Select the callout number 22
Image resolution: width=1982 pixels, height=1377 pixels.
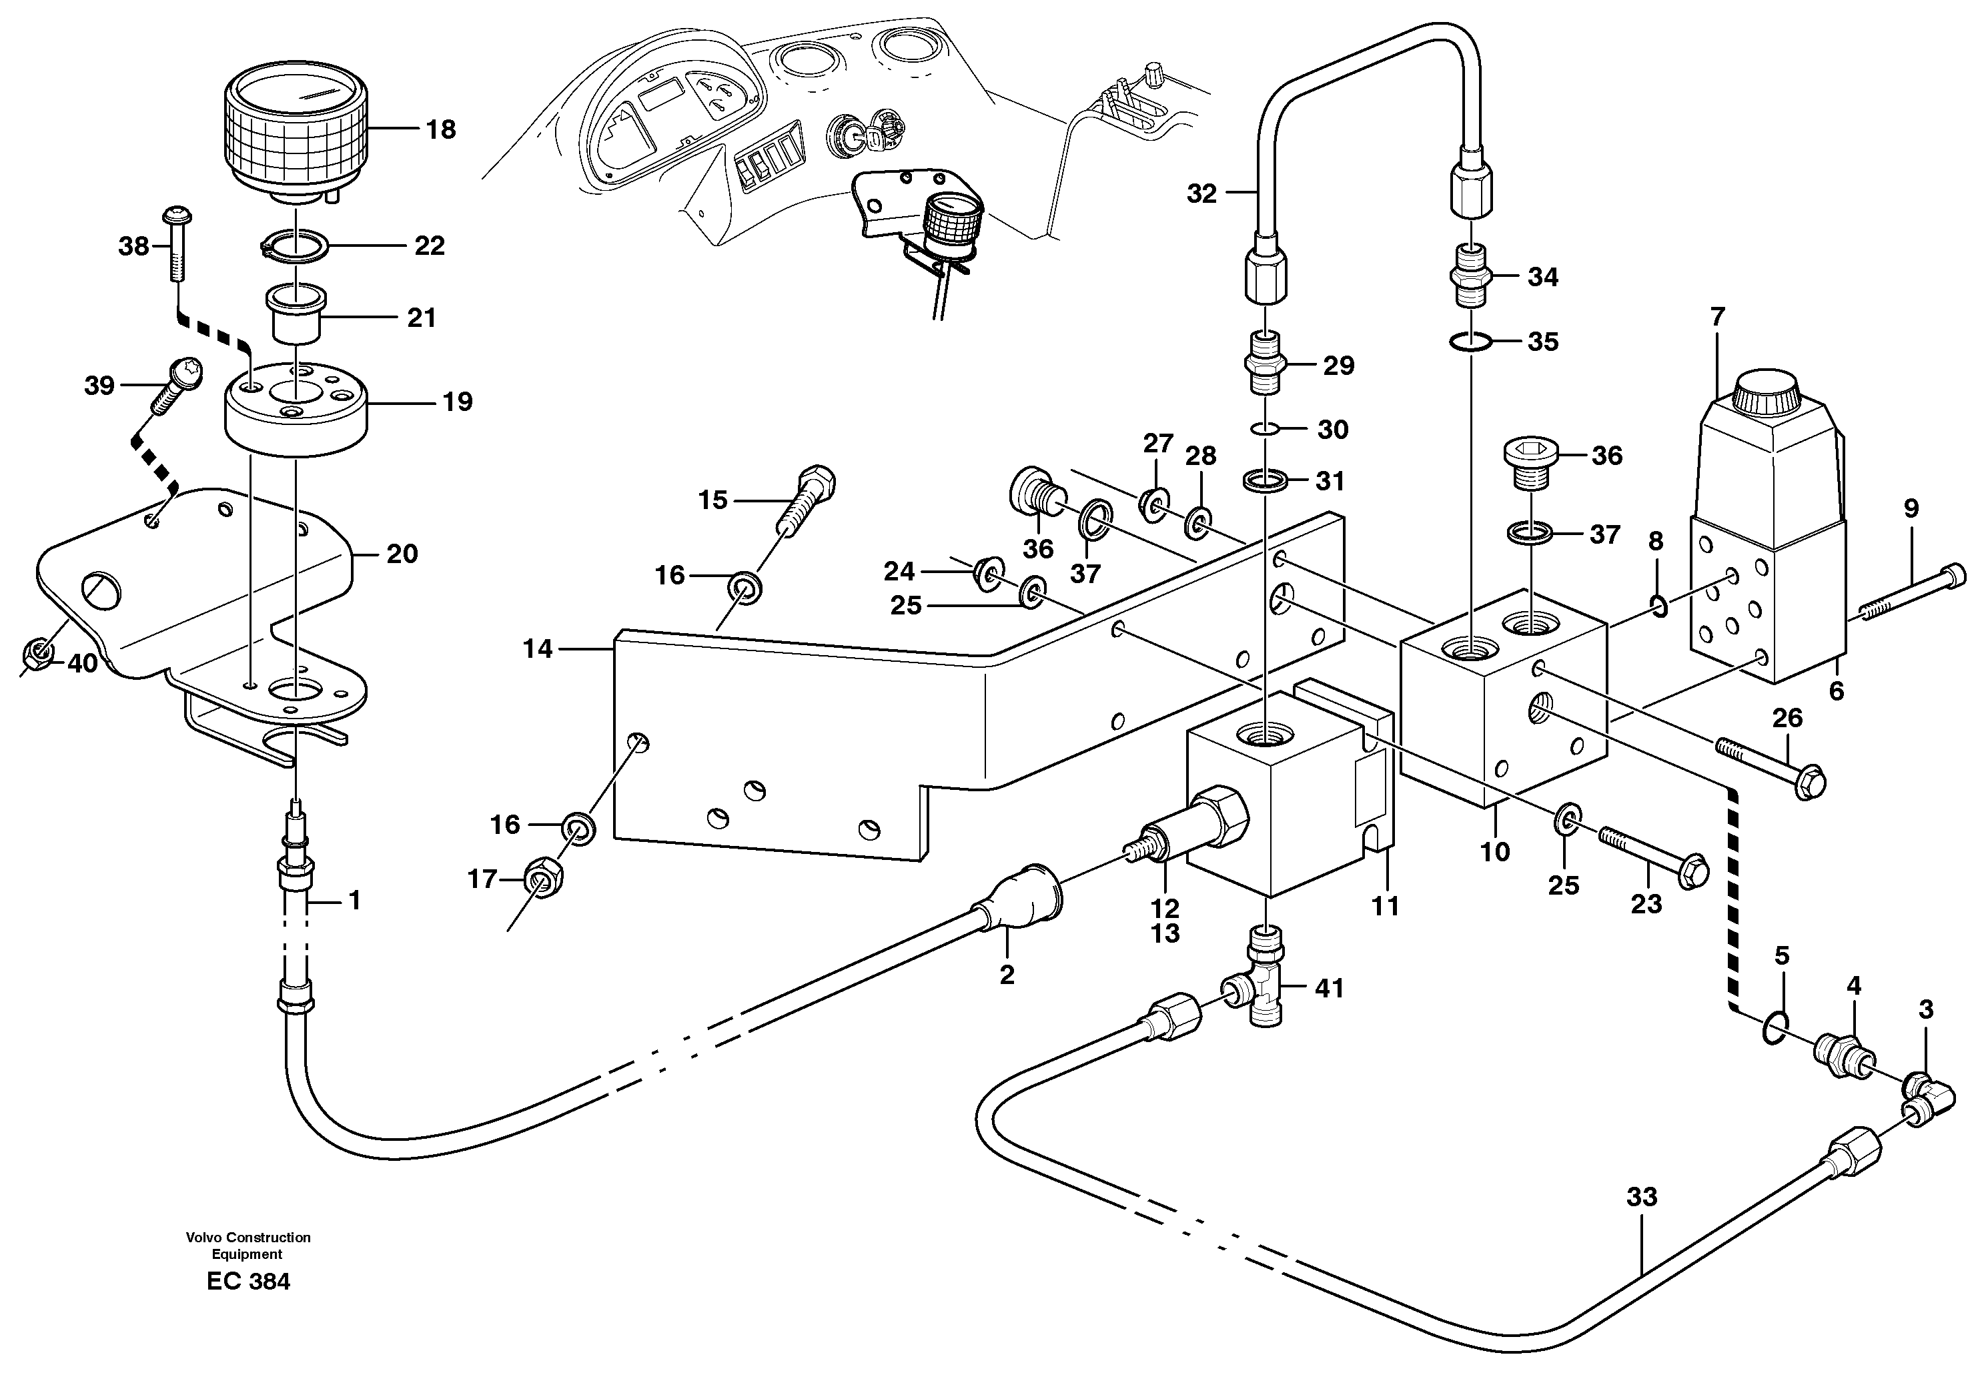pos(429,246)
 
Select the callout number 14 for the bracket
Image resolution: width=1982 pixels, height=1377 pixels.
pos(537,649)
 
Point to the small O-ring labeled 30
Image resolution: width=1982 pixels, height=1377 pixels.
pos(1266,429)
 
